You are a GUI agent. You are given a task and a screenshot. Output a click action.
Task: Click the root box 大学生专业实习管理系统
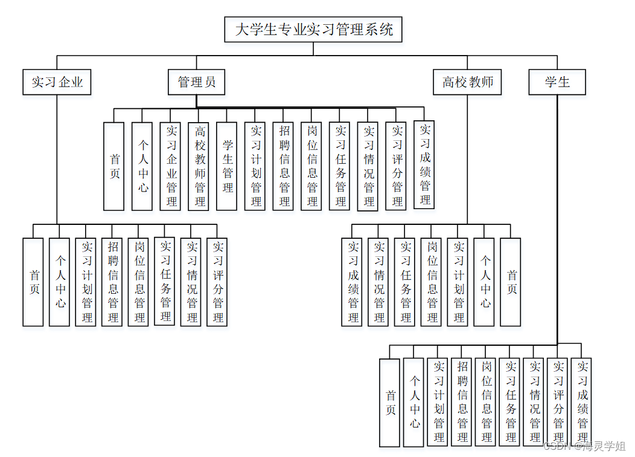[x=313, y=29]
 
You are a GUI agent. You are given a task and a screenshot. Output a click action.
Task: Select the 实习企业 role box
[x=57, y=82]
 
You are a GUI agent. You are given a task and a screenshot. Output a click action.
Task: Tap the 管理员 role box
[x=196, y=82]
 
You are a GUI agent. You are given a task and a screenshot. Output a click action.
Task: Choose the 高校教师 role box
[x=467, y=82]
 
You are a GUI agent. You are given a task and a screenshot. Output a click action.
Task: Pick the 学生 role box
[x=557, y=82]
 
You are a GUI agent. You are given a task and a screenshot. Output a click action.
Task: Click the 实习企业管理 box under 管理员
[x=171, y=166]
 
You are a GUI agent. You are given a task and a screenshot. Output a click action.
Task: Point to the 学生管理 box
[x=227, y=166]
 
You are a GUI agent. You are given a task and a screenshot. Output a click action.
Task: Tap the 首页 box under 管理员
[x=114, y=166]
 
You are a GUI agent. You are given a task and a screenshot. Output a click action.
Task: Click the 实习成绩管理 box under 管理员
[x=425, y=165]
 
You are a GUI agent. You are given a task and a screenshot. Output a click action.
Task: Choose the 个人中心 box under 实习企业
[x=60, y=282]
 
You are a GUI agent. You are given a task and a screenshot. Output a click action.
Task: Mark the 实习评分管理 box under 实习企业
[x=218, y=282]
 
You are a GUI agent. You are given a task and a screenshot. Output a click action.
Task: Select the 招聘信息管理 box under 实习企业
[x=113, y=282]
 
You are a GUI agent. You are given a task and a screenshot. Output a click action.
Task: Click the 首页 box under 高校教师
[x=511, y=282]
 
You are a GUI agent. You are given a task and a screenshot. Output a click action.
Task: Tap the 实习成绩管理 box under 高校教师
[x=353, y=282]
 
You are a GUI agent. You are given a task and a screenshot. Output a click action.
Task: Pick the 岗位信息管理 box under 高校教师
[x=432, y=282]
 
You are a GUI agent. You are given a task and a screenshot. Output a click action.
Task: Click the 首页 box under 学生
[x=390, y=402]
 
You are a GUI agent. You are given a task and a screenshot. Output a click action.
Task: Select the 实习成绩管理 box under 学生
[x=582, y=402]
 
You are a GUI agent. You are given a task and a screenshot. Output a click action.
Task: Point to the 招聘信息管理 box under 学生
[x=462, y=402]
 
